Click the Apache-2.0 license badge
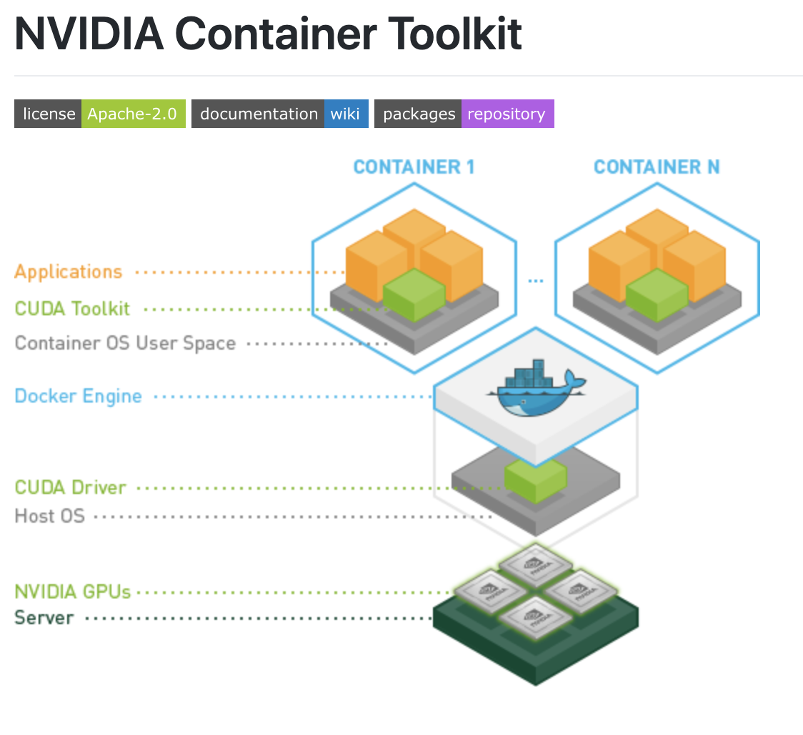pyautogui.click(x=133, y=114)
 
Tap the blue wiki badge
pyautogui.click(x=346, y=114)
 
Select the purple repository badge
pyautogui.click(x=507, y=114)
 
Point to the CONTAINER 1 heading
pyautogui.click(x=414, y=167)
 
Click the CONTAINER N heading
pyautogui.click(x=657, y=167)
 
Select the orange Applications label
pyautogui.click(x=69, y=272)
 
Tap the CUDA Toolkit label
pyautogui.click(x=72, y=309)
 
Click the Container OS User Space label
pyautogui.click(x=125, y=343)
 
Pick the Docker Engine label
pyautogui.click(x=78, y=396)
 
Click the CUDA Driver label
pyautogui.click(x=70, y=488)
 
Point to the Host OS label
pyautogui.click(x=49, y=516)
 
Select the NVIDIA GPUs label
pyautogui.click(x=72, y=592)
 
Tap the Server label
pyautogui.click(x=44, y=618)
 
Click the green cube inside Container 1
pyautogui.click(x=414, y=295)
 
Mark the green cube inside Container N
pyautogui.click(x=657, y=295)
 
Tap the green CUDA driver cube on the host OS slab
pyautogui.click(x=535, y=479)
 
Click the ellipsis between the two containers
pyautogui.click(x=536, y=281)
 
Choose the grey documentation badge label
pyautogui.click(x=259, y=114)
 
